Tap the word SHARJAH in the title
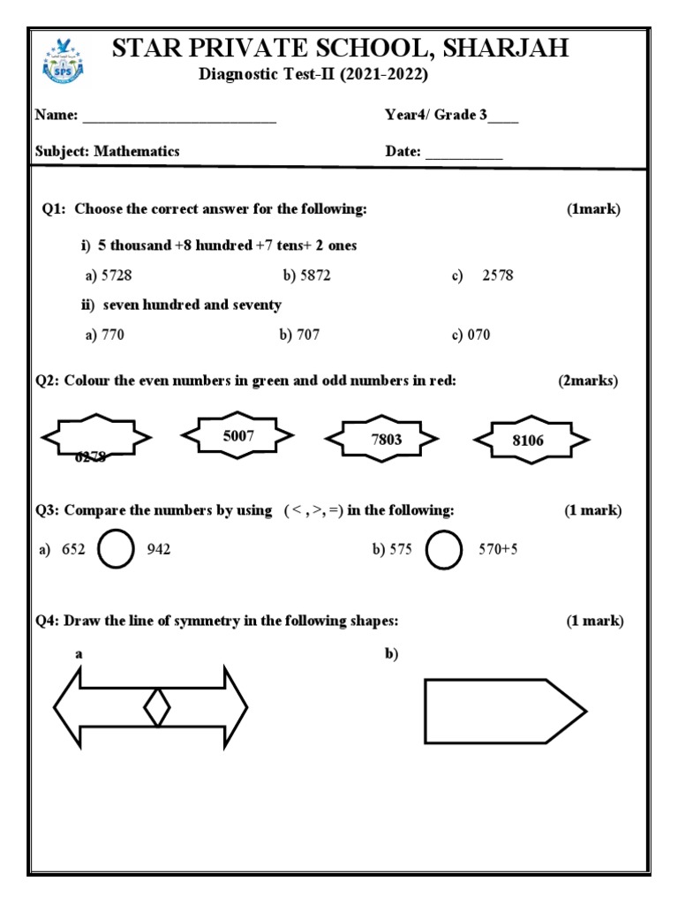[x=506, y=49]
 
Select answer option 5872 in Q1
[x=306, y=275]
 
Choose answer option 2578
[x=497, y=275]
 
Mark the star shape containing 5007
[x=237, y=435]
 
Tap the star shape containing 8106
[x=531, y=441]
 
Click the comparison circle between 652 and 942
[x=114, y=550]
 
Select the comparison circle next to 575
[x=444, y=550]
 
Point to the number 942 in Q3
[x=159, y=549]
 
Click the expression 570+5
[x=498, y=549]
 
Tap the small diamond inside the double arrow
[x=156, y=707]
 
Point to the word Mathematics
[x=137, y=151]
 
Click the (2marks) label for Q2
[x=588, y=380]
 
